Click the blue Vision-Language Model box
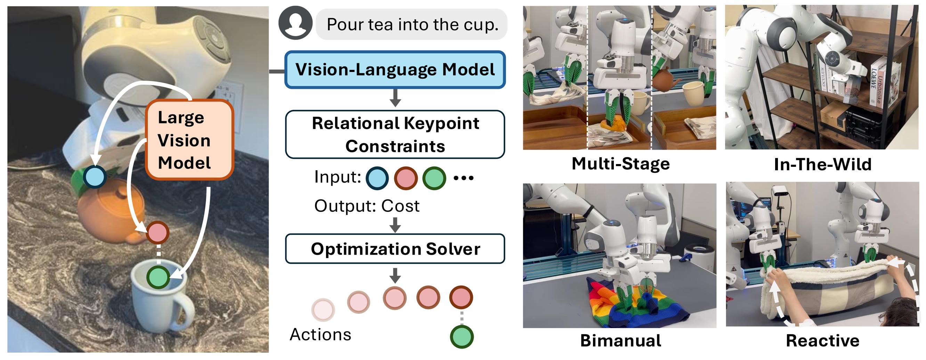[x=395, y=70]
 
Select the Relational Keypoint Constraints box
[x=395, y=134]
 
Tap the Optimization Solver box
[x=395, y=248]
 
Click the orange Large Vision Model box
[x=189, y=140]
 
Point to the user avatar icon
[x=295, y=23]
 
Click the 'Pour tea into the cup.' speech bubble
[x=412, y=24]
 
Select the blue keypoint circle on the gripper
[x=95, y=177]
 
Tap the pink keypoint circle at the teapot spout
[x=157, y=232]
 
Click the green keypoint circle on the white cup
[x=158, y=277]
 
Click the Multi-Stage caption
[x=620, y=164]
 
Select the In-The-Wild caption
[x=822, y=165]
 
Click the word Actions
[x=320, y=335]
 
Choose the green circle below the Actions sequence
[x=462, y=337]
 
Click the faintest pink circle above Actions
[x=323, y=309]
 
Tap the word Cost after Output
[x=400, y=206]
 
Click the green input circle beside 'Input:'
[x=434, y=178]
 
